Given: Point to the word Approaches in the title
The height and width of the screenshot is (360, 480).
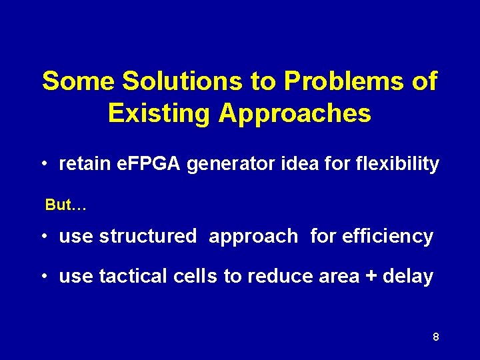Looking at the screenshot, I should pos(294,113).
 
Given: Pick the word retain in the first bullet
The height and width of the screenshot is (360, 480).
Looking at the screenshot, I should pos(82,164).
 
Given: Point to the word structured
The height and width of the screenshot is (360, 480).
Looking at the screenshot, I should pos(147,237).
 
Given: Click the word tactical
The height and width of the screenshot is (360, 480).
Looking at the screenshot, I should pos(131,276).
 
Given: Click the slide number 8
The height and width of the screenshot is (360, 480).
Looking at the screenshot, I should pos(436,337).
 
